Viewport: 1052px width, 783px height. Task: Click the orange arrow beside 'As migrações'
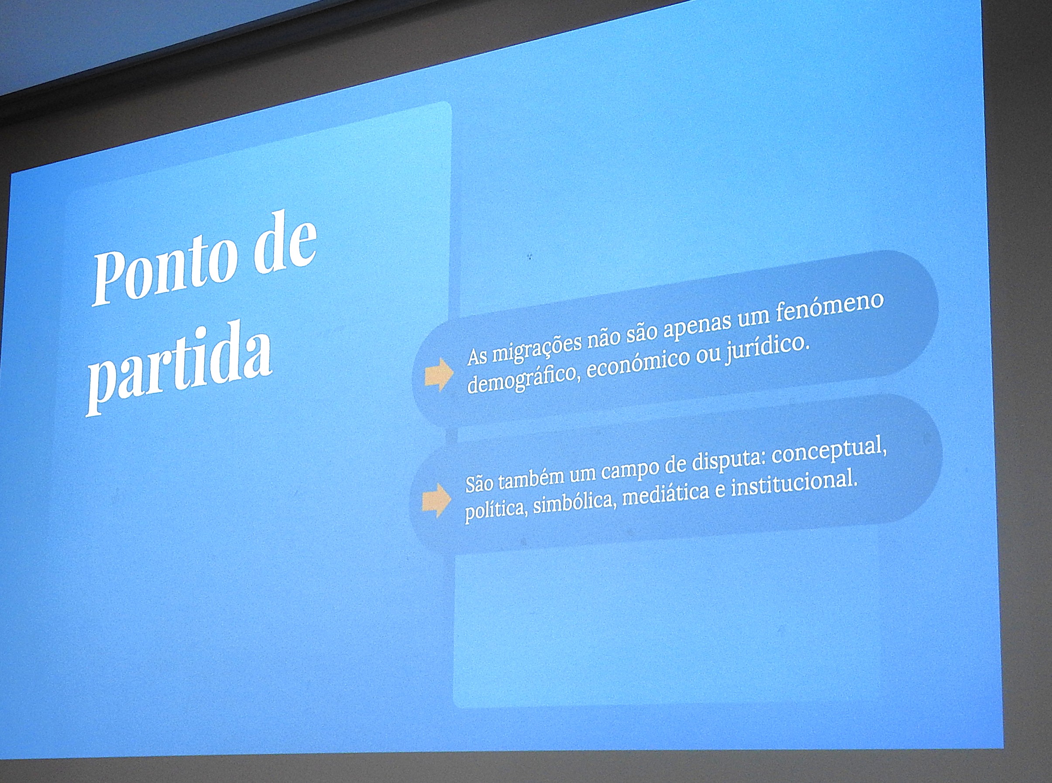pos(439,374)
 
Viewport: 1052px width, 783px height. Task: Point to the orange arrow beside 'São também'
pos(436,500)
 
